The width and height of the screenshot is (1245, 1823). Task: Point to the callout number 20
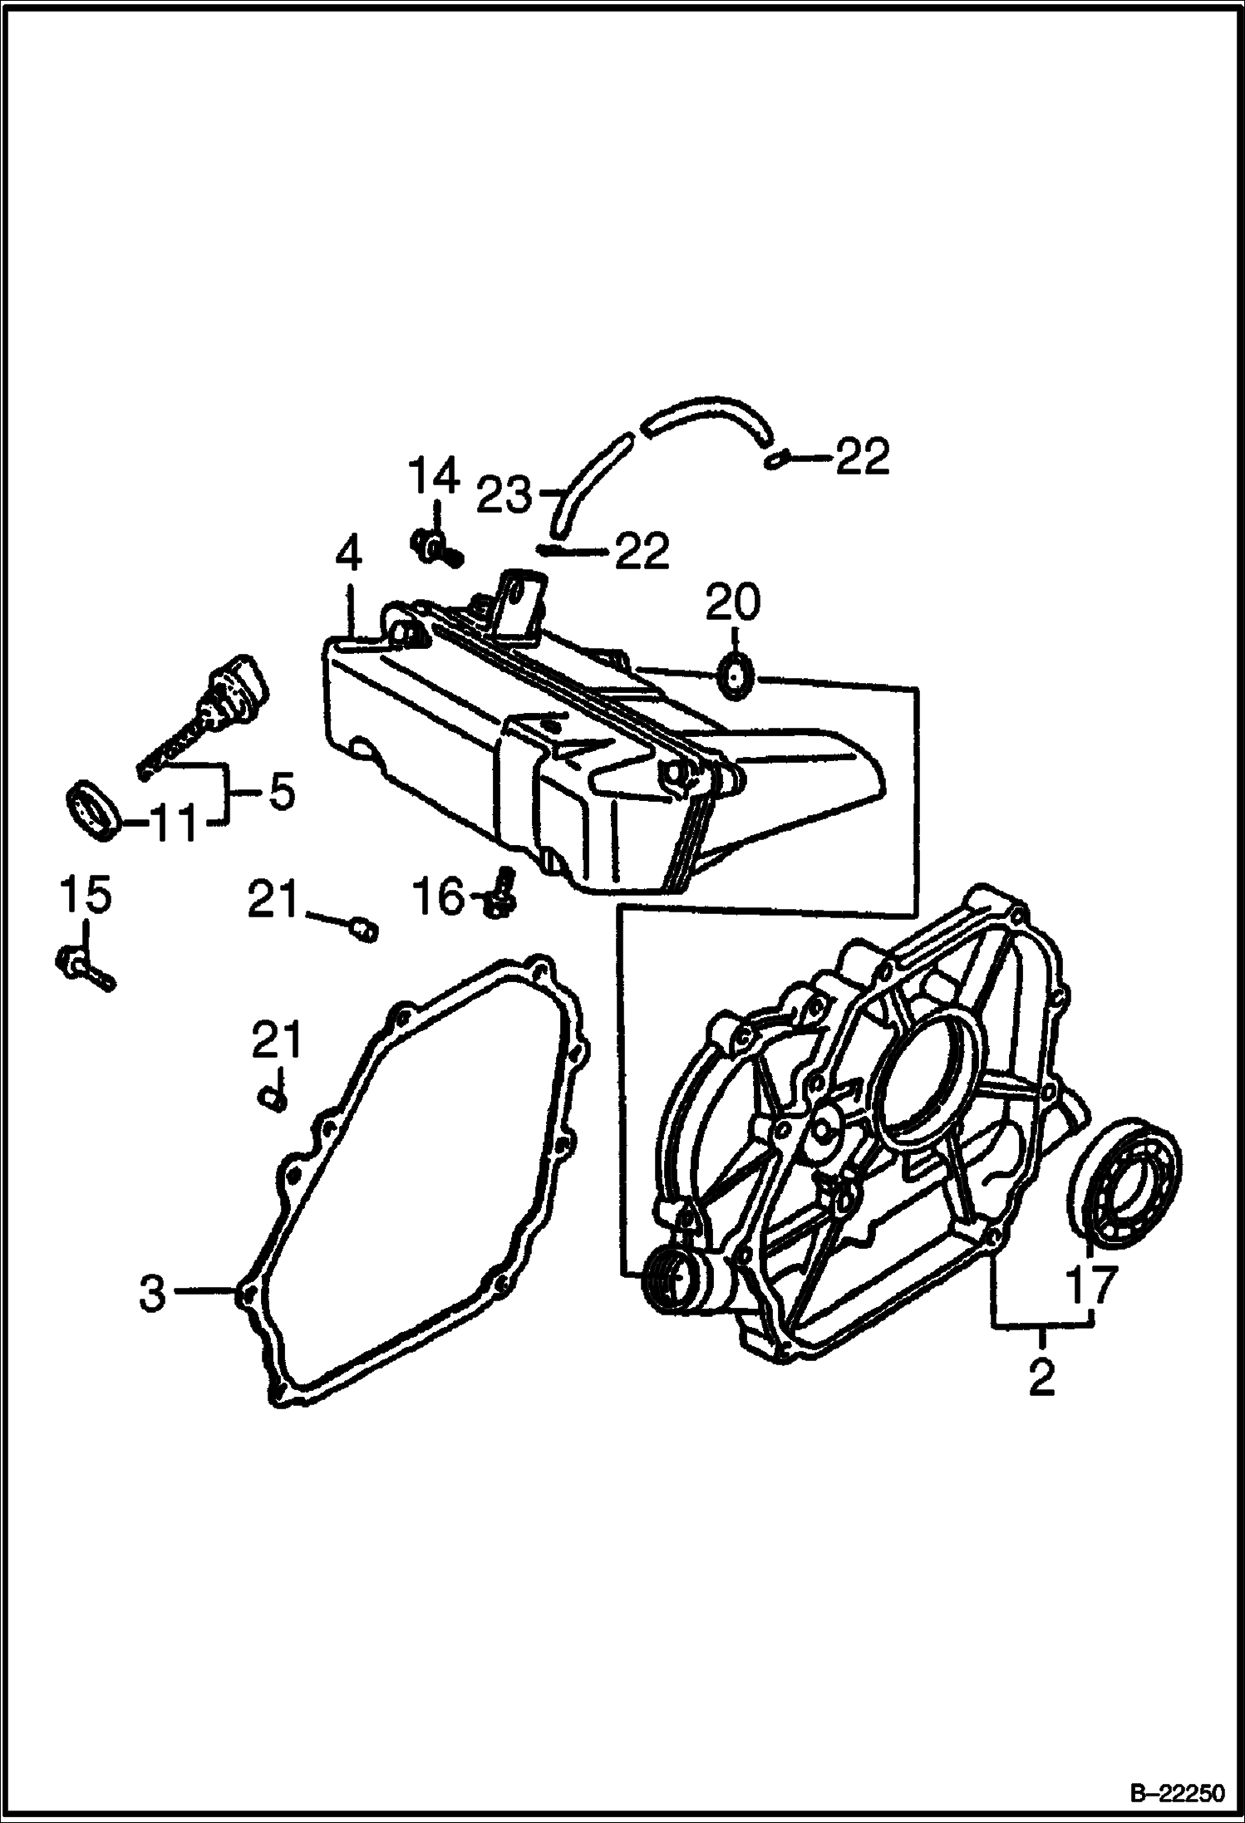732,605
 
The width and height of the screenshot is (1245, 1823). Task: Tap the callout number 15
84,897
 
